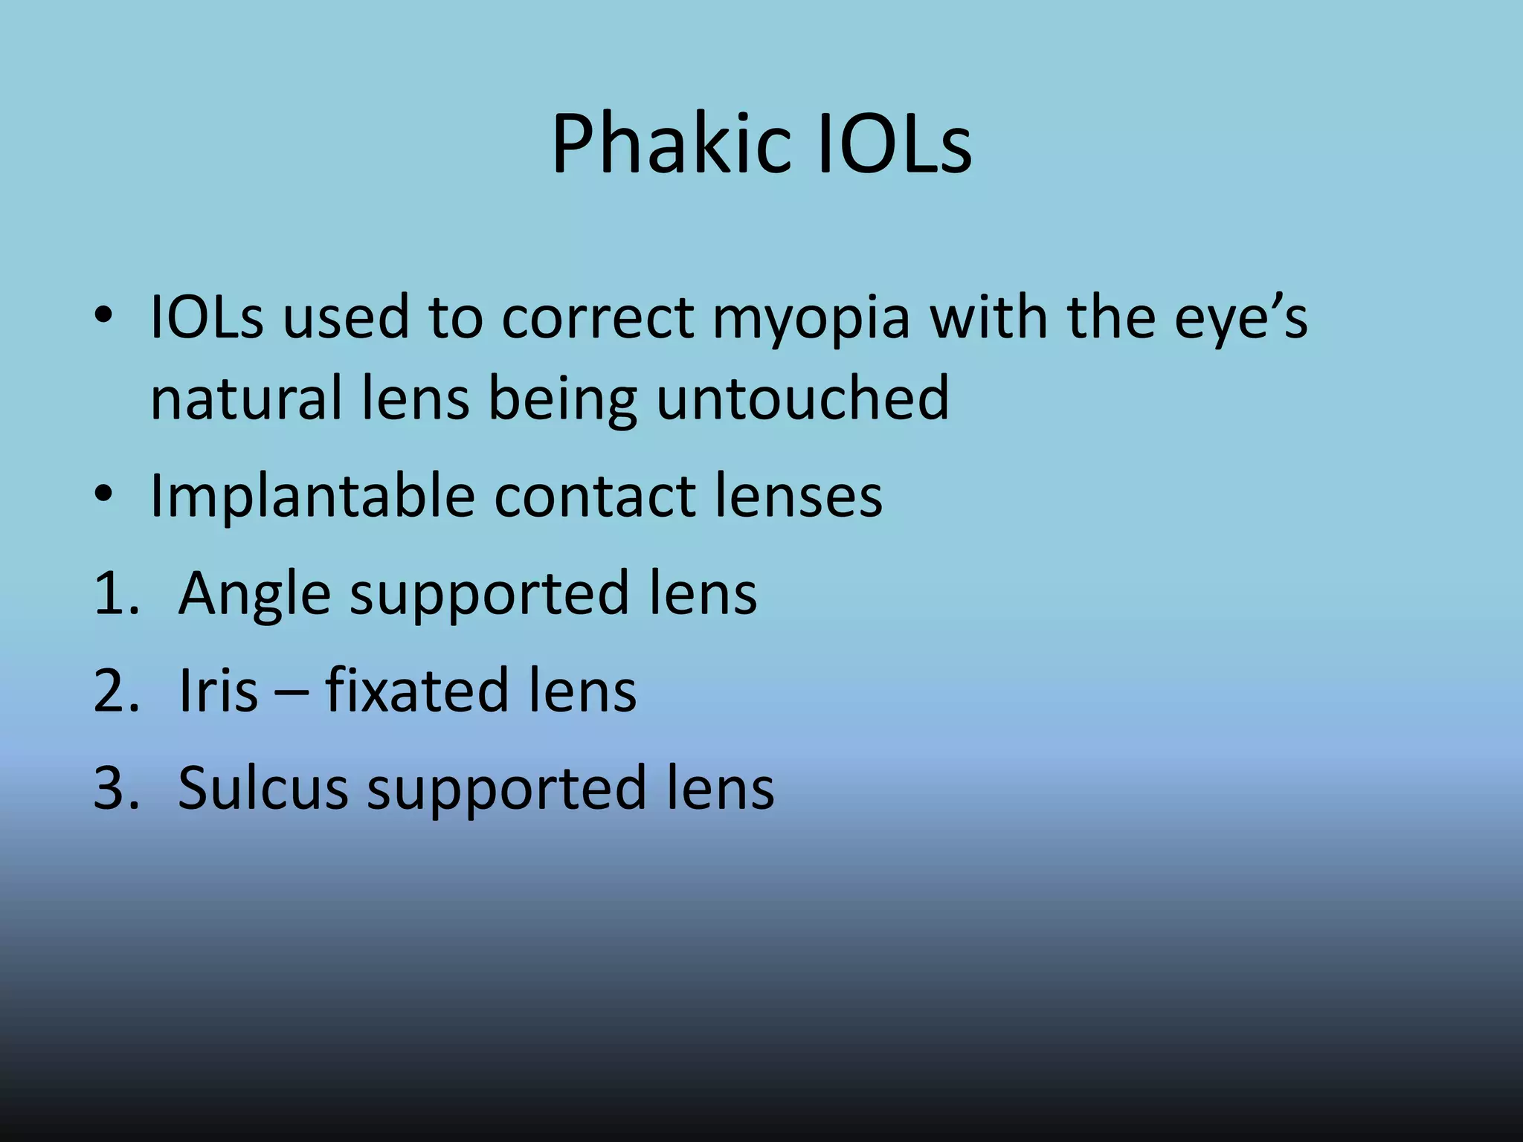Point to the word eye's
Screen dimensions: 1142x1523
tap(1240, 318)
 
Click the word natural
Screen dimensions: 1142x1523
tap(246, 399)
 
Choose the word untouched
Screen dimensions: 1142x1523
tap(802, 399)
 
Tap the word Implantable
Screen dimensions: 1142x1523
tap(312, 497)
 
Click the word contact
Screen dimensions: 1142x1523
tap(594, 497)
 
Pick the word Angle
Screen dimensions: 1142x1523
tap(254, 595)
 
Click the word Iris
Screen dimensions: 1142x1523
tap(218, 691)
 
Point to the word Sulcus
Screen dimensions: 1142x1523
tap(263, 788)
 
